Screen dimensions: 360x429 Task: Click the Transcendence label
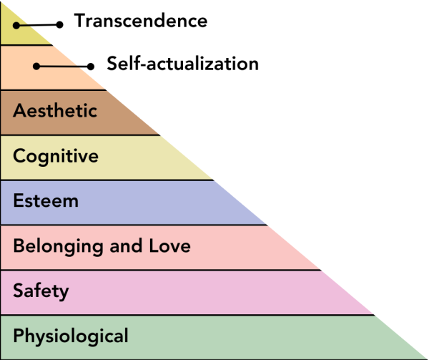pos(141,21)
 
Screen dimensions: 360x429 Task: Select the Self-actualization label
pos(182,64)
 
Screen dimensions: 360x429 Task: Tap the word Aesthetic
pos(55,111)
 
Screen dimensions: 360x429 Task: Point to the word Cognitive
pos(56,155)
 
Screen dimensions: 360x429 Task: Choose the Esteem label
pos(46,200)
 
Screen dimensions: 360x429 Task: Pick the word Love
pos(169,246)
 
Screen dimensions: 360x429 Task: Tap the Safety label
pos(41,291)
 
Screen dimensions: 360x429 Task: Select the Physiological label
pos(71,335)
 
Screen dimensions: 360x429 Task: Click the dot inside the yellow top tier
pos(15,25)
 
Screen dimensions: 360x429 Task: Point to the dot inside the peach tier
pos(35,67)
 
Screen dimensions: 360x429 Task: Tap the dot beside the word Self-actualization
pos(92,67)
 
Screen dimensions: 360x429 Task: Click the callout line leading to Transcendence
pos(37,24)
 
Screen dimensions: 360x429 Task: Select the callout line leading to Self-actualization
pos(63,67)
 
